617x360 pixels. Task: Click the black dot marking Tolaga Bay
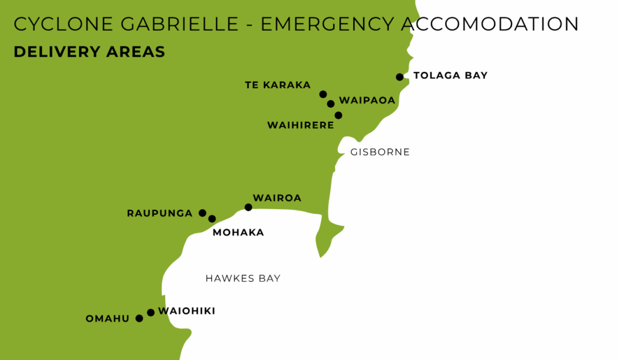[399, 77]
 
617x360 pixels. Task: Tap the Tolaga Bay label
[450, 76]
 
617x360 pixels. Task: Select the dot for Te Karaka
[323, 94]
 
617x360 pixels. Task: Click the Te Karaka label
[278, 85]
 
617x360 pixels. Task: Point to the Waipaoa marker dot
[331, 104]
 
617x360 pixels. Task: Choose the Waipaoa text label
[367, 100]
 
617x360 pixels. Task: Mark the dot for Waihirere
[338, 115]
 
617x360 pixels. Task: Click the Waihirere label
[300, 125]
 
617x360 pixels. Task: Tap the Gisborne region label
[380, 152]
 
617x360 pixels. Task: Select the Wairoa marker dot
[248, 207]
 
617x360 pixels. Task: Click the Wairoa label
[277, 198]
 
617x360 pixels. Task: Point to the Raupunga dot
[202, 213]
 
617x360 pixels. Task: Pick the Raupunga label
[160, 213]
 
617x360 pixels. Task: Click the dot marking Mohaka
[212, 219]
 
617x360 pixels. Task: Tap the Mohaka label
[238, 233]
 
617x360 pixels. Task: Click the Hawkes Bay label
[243, 279]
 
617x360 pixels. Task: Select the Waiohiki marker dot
[151, 312]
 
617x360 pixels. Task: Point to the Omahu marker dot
[139, 318]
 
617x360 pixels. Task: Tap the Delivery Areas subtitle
[89, 52]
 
